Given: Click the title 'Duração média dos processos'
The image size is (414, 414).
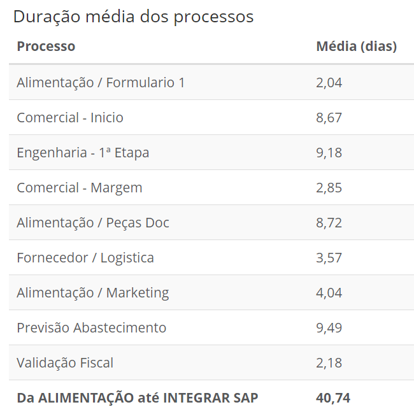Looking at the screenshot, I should (133, 17).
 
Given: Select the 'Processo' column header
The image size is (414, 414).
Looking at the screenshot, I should (46, 46).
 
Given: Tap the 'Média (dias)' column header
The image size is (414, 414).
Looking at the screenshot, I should (356, 46).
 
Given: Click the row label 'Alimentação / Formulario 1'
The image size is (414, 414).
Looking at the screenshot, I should (101, 82).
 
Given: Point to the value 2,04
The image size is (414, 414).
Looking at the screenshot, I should (329, 82).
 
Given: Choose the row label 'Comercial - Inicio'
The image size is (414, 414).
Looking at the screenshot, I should (70, 117).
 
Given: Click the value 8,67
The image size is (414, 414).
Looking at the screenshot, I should (329, 117).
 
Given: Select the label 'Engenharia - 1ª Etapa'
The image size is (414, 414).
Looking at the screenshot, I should (83, 152).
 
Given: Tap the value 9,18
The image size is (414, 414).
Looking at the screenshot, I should (329, 152).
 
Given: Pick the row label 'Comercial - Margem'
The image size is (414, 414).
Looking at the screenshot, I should (80, 187).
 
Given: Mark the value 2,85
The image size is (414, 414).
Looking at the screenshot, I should (329, 187).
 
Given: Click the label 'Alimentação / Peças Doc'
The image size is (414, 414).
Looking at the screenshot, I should (93, 222).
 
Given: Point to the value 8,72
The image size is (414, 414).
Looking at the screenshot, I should (329, 222).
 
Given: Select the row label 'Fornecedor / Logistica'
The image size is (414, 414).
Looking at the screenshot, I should (85, 257).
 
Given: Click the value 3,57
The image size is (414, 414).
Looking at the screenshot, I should (329, 257).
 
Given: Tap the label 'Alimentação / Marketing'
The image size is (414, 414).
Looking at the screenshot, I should (93, 292).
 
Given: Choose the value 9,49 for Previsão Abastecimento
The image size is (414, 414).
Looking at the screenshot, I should (329, 327).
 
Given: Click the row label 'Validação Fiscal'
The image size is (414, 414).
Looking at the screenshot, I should (65, 362).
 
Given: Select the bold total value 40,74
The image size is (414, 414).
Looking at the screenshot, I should (332, 398).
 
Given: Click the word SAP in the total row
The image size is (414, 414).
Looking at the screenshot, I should (245, 398).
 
